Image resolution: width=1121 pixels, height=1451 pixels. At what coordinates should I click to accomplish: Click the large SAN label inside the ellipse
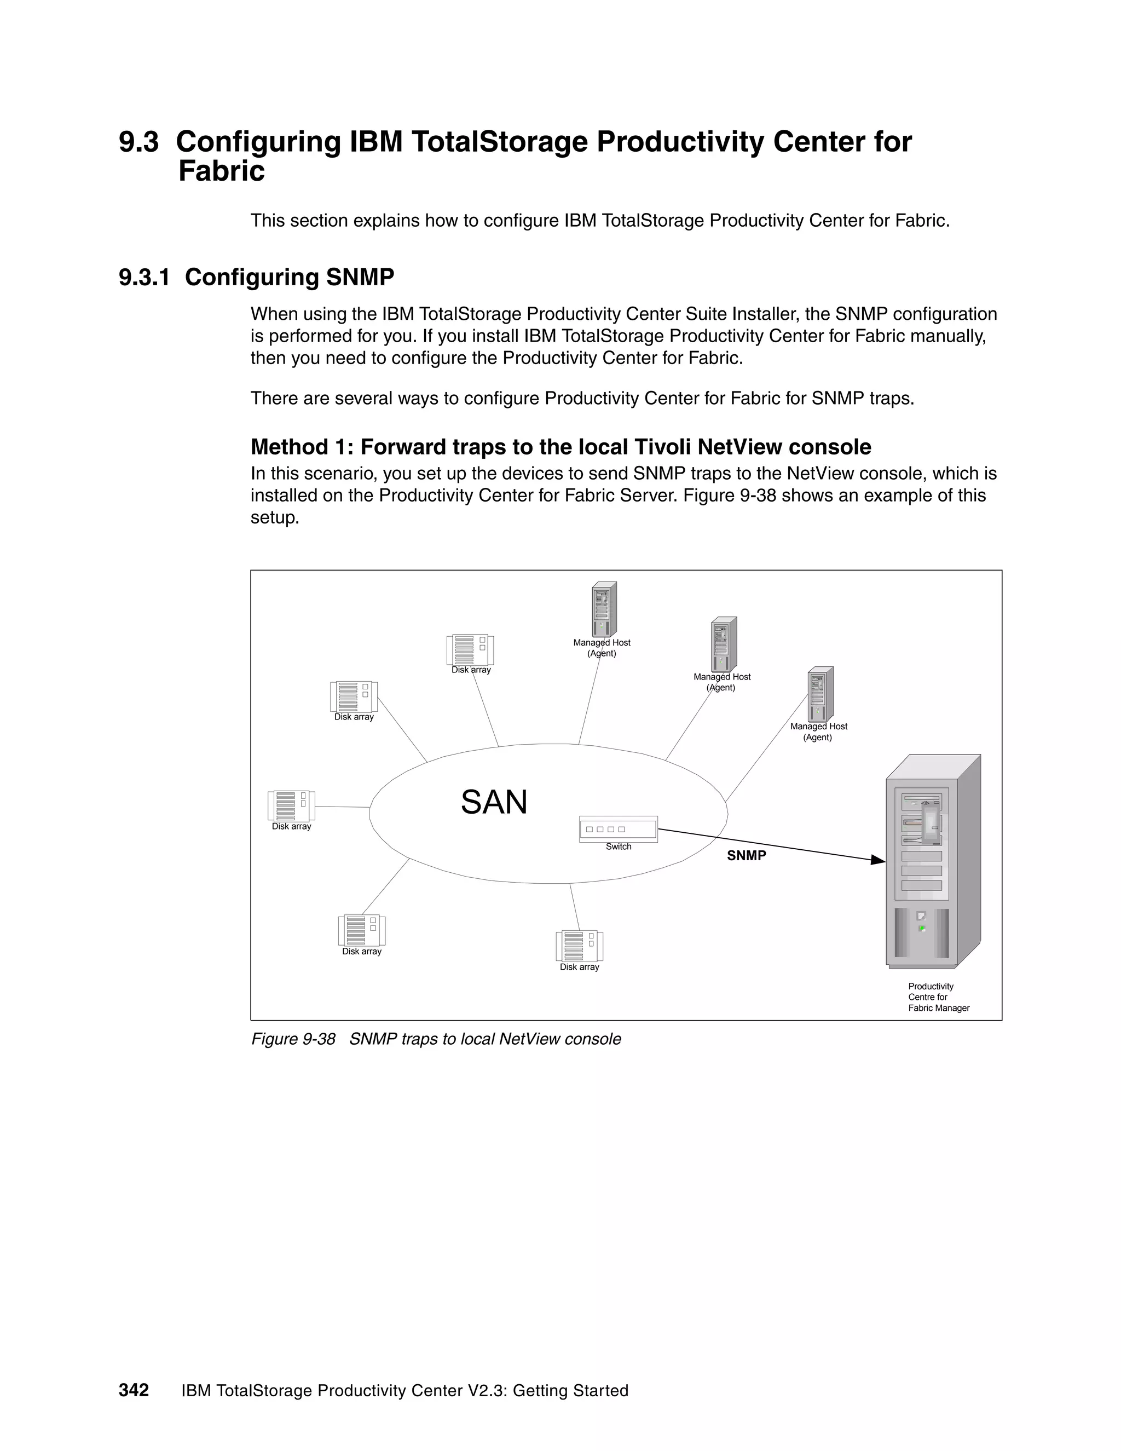494,803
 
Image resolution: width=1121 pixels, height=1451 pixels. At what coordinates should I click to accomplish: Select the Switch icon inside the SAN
619,829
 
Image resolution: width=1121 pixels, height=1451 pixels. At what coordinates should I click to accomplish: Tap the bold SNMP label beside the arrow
747,856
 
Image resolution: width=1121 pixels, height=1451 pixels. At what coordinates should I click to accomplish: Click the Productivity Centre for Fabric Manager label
938,997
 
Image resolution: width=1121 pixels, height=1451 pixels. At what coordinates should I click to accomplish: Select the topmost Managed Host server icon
604,609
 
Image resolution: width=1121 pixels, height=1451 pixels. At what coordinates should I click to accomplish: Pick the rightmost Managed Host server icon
820,694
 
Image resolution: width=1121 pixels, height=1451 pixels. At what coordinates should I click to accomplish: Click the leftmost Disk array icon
291,805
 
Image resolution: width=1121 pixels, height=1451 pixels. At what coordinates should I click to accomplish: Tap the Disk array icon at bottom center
579,946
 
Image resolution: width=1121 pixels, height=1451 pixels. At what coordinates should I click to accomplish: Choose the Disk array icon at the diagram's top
470,650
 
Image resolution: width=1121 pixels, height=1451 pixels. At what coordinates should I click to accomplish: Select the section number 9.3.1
144,277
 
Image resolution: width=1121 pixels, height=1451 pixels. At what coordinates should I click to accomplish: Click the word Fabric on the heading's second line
221,171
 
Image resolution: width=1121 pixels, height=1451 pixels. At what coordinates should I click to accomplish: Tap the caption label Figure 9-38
293,1039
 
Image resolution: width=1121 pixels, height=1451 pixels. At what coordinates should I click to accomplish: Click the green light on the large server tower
922,928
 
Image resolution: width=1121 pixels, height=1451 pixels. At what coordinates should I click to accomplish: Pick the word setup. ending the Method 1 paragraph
275,517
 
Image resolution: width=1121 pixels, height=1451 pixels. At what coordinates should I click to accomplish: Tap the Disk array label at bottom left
361,952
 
